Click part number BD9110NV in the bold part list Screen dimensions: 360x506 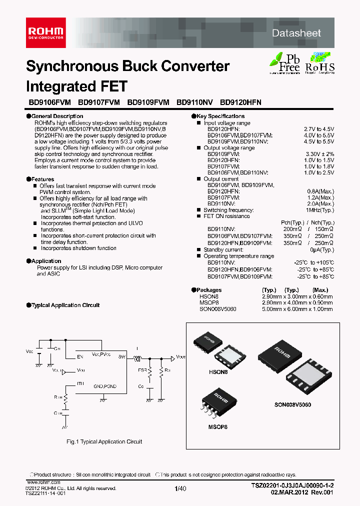(x=194, y=102)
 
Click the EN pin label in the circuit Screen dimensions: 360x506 (x=79, y=356)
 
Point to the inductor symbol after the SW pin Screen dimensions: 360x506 (x=136, y=357)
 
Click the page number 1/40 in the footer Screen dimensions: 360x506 (x=180, y=489)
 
